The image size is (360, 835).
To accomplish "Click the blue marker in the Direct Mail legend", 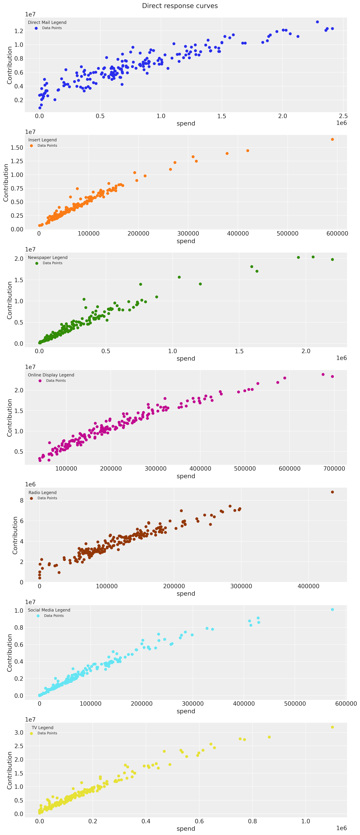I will coord(36,28).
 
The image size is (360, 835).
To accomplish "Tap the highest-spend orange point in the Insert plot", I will coord(332,139).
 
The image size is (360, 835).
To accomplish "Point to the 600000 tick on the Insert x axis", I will coord(337,233).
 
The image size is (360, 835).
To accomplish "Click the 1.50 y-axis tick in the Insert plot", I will coord(17,147).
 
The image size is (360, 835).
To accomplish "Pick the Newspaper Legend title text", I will coord(48,257).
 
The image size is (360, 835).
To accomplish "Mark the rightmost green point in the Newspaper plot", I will coord(332,259).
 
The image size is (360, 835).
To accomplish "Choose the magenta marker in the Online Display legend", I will coord(40,381).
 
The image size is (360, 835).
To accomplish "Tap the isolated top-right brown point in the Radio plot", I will coord(332,492).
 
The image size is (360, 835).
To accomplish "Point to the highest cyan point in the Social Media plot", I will coord(332,609).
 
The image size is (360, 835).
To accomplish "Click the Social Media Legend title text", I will coord(49,610).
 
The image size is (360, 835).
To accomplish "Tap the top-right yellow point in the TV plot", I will coord(332,727).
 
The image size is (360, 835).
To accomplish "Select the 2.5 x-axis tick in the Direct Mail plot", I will coord(343,116).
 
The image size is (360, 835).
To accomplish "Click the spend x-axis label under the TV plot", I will coord(186,828).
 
